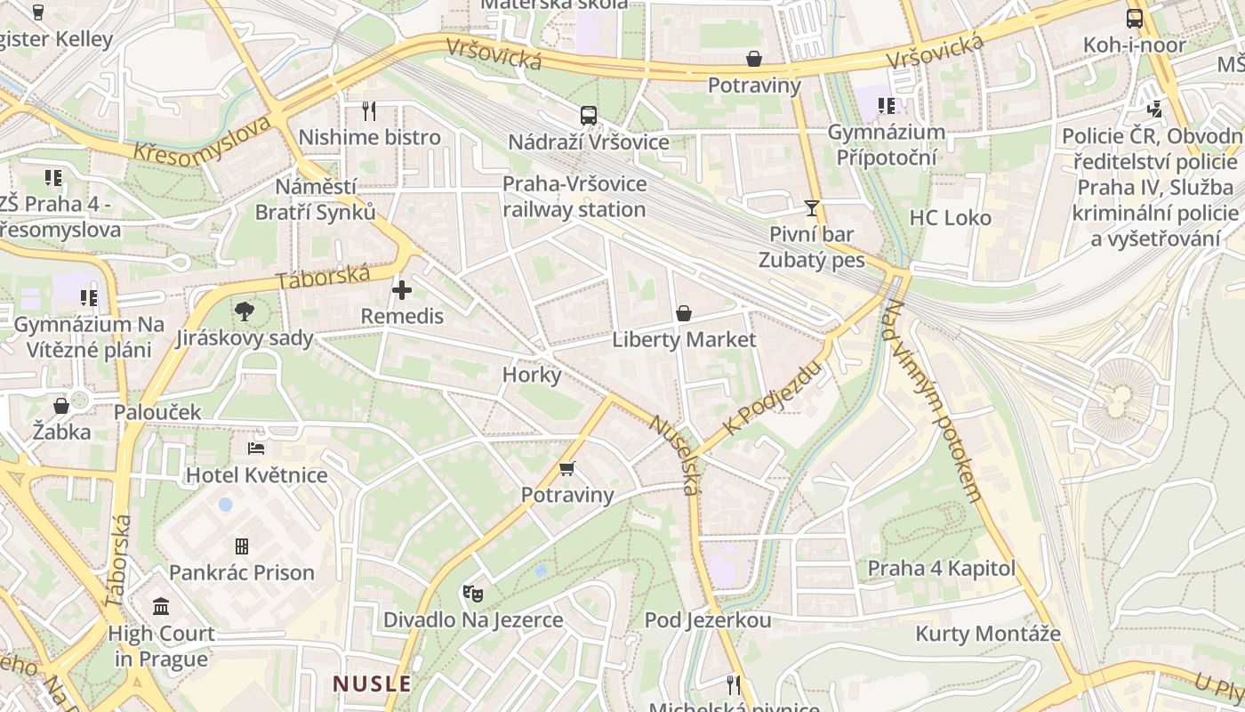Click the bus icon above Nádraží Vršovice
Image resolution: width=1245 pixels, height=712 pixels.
click(x=588, y=115)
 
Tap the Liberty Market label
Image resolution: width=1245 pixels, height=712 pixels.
click(x=684, y=339)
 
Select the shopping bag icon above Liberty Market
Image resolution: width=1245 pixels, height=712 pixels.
click(x=683, y=313)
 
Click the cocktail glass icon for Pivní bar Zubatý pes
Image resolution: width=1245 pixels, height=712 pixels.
click(x=811, y=208)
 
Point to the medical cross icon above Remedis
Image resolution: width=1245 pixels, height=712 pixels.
click(x=402, y=290)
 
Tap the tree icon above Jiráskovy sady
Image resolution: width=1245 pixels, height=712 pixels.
click(x=245, y=311)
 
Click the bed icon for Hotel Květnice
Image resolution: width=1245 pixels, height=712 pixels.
click(x=256, y=449)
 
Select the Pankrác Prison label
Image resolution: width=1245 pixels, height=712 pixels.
click(x=242, y=572)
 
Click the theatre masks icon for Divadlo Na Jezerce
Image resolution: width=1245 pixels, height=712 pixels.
click(x=472, y=593)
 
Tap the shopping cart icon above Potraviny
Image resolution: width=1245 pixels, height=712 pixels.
click(x=567, y=468)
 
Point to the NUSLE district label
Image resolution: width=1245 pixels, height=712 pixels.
click(x=372, y=684)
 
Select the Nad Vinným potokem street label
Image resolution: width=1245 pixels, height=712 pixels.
click(x=934, y=400)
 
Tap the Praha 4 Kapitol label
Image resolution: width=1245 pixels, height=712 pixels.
click(x=941, y=568)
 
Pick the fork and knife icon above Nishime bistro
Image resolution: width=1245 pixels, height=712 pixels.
click(x=369, y=111)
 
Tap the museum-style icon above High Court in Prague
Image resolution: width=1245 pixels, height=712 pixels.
click(x=161, y=607)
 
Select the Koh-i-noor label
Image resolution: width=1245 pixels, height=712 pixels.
click(x=1134, y=44)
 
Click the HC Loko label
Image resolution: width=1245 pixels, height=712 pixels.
click(x=950, y=218)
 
